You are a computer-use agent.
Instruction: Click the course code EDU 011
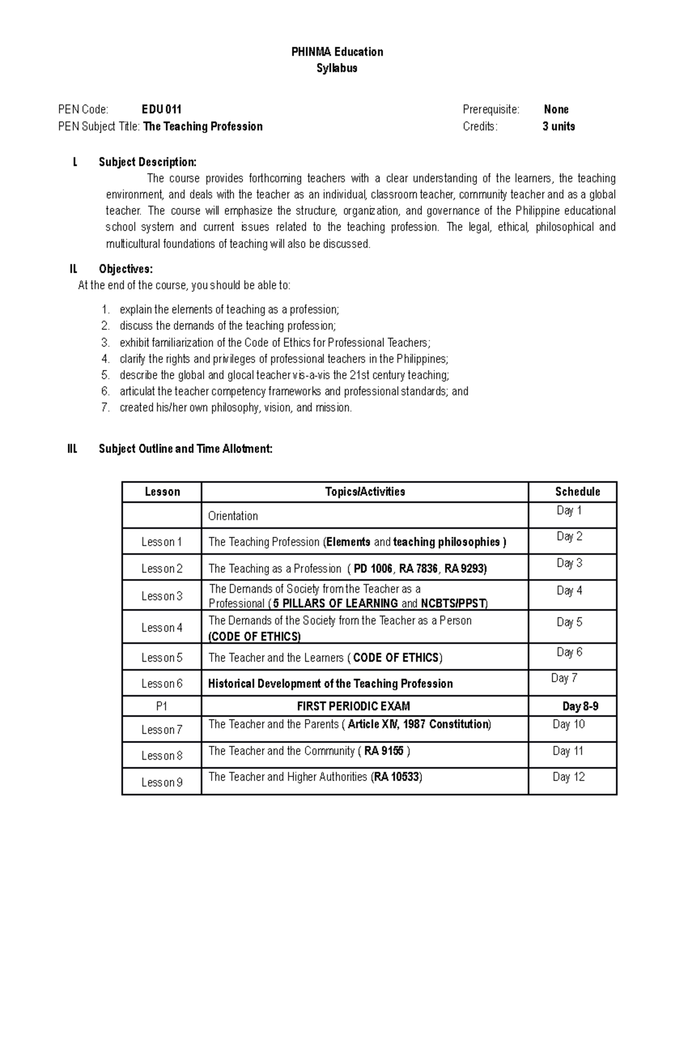tap(162, 109)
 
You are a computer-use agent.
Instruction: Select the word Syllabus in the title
tap(337, 68)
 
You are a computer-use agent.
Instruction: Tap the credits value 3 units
tap(558, 126)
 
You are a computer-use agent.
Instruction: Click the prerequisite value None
tap(556, 109)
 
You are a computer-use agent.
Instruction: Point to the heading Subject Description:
tap(147, 162)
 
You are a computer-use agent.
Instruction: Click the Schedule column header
tap(577, 492)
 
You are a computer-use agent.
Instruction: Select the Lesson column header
tap(162, 492)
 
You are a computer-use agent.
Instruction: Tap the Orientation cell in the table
tap(233, 516)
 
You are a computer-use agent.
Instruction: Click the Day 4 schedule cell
tap(569, 590)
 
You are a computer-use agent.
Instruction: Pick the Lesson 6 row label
tap(162, 683)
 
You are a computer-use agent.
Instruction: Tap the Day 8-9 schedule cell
tap(580, 706)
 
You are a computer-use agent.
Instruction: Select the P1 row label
tap(162, 706)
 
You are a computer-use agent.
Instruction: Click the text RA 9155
tap(384, 751)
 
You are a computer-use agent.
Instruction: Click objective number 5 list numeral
tap(105, 375)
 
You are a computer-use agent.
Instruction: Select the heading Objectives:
tap(126, 269)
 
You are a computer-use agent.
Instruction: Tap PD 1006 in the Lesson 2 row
tap(373, 569)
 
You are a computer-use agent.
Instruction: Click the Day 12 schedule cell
tap(569, 777)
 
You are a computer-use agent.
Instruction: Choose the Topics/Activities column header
tap(365, 492)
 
